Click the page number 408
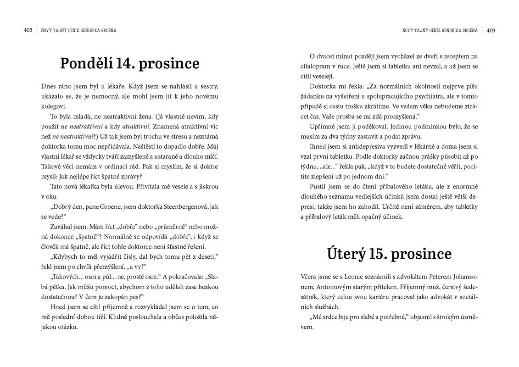point(28,30)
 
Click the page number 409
point(491,30)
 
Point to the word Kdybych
point(65,257)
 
